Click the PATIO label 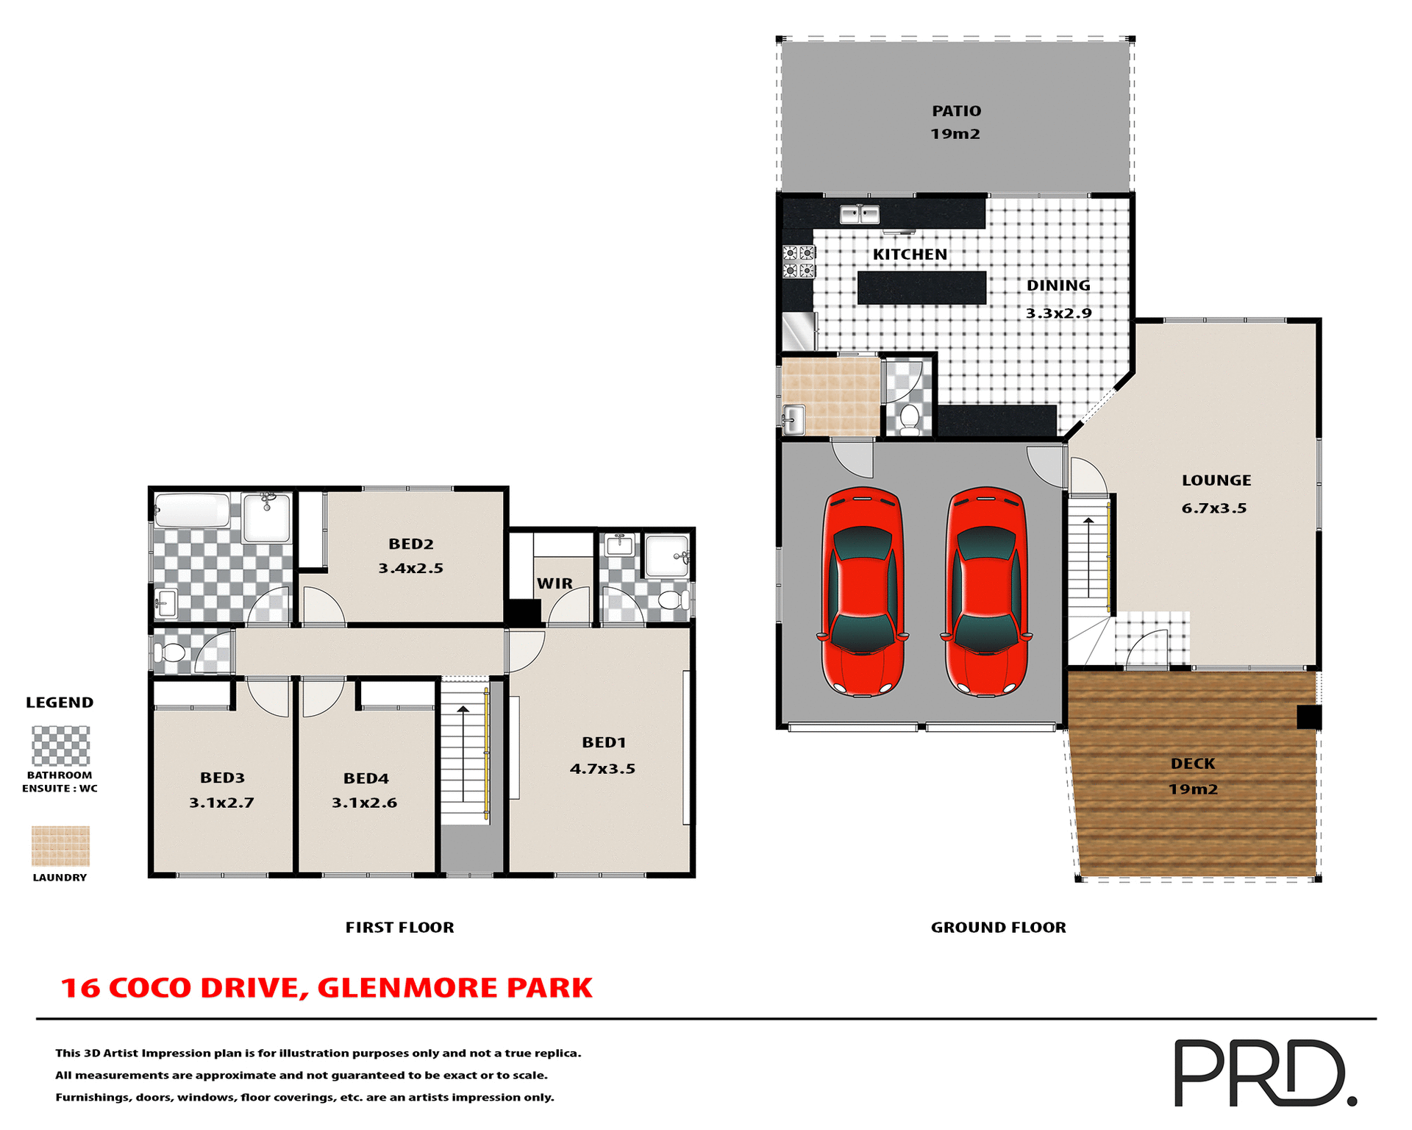click(956, 111)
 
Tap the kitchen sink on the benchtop click(860, 215)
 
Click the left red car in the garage click(863, 591)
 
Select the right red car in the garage click(986, 591)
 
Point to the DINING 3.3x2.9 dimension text click(1058, 313)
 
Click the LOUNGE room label click(1216, 480)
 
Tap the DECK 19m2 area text click(1193, 789)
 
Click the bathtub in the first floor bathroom click(193, 511)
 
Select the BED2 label click(411, 544)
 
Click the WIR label click(555, 583)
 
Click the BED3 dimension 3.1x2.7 click(221, 803)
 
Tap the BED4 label click(366, 778)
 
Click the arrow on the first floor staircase click(463, 750)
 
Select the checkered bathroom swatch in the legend click(60, 746)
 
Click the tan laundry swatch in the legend click(60, 846)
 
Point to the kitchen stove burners click(799, 262)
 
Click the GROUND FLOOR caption click(998, 928)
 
